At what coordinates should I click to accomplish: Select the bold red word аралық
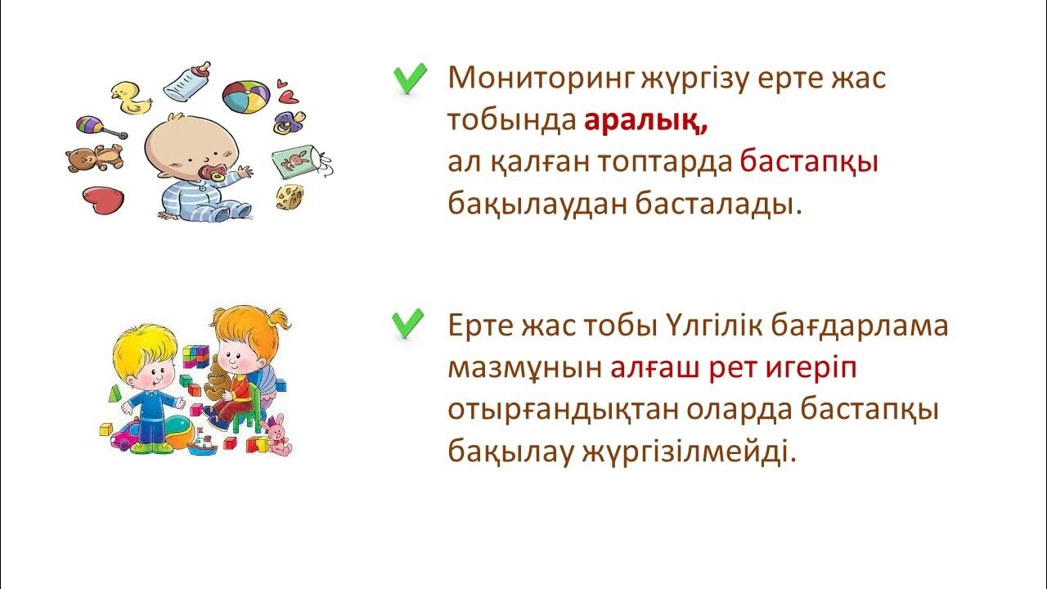pos(645,121)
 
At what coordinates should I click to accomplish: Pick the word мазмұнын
pos(523,368)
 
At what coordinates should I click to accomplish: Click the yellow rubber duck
pos(131,98)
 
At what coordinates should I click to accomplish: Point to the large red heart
pos(102,200)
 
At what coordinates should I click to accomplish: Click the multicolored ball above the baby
pos(245,98)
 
